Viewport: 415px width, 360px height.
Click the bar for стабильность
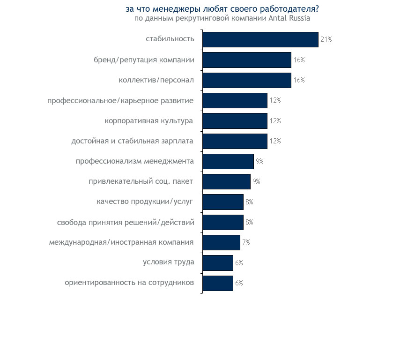click(x=260, y=39)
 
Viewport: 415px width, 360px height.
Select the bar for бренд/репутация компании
click(x=247, y=60)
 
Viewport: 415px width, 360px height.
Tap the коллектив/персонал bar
click(x=247, y=80)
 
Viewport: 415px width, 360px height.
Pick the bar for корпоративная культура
click(x=235, y=121)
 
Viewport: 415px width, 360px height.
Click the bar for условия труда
click(x=218, y=263)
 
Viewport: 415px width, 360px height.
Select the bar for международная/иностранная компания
click(x=221, y=242)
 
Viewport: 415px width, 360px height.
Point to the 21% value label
click(x=326, y=39)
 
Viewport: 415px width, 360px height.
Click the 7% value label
click(x=246, y=242)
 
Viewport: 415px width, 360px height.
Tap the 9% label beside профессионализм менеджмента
click(x=259, y=161)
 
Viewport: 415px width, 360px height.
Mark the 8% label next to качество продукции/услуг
click(x=249, y=202)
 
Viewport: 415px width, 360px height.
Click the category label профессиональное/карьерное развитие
click(x=120, y=100)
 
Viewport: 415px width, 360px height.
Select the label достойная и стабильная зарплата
click(x=133, y=141)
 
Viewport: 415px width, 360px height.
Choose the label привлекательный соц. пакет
click(x=141, y=181)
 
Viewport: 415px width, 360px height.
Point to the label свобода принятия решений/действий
click(x=126, y=222)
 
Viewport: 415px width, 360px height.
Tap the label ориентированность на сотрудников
click(x=129, y=283)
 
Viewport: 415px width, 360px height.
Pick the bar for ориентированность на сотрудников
click(x=218, y=283)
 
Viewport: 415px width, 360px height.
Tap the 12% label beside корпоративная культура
click(x=275, y=121)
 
